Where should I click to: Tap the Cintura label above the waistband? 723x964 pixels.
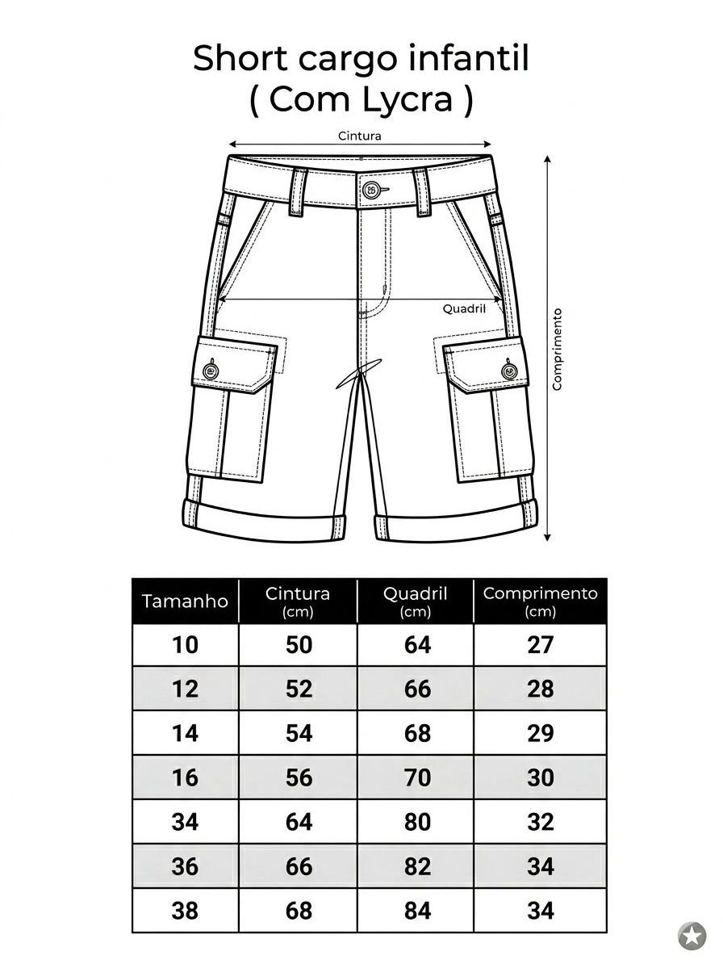(359, 136)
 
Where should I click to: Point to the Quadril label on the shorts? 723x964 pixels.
(464, 308)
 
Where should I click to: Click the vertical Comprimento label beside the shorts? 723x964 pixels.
(557, 350)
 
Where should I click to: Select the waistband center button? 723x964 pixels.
(370, 190)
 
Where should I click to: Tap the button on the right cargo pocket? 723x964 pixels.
(509, 371)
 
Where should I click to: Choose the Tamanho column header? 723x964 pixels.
(185, 601)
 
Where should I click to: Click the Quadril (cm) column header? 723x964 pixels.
(416, 601)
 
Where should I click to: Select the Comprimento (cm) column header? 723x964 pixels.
(540, 601)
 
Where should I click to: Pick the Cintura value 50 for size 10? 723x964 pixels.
(299, 644)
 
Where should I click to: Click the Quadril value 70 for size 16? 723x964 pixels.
(417, 777)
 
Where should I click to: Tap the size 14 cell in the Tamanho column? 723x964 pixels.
(185, 733)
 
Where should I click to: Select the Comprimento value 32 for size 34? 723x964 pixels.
(541, 822)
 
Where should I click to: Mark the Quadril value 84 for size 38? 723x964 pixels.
(417, 911)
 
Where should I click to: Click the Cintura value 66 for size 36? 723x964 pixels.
(299, 866)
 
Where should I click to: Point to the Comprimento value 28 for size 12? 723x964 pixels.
(541, 689)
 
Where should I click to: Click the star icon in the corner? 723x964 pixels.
(692, 937)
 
